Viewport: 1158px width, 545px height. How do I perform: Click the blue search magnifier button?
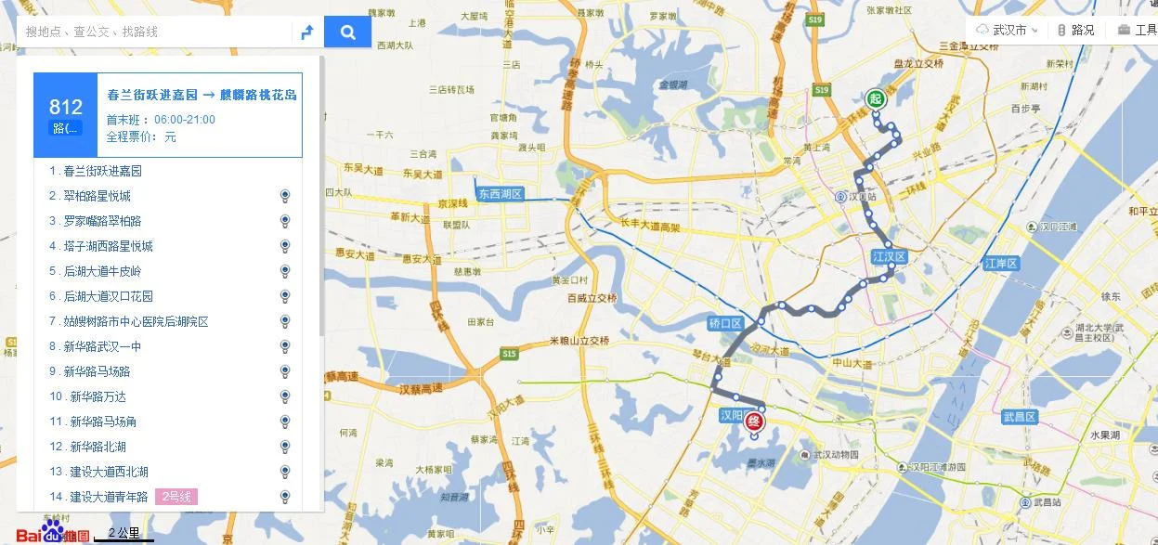[x=347, y=32]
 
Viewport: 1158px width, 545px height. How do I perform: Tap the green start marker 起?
[x=875, y=98]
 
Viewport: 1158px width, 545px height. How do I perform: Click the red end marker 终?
[x=753, y=422]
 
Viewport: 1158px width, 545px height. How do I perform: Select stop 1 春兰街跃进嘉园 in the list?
[x=102, y=171]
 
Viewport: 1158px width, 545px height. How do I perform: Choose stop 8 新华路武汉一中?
[x=102, y=346]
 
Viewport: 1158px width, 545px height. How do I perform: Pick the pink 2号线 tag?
[x=176, y=497]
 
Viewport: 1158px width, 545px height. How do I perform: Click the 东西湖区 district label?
[x=501, y=194]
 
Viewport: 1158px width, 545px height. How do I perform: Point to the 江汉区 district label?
[x=888, y=256]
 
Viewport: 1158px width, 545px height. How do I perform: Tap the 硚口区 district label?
[x=725, y=323]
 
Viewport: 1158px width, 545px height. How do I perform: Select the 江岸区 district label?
[x=1002, y=264]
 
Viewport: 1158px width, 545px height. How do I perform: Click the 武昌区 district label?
[x=1019, y=417]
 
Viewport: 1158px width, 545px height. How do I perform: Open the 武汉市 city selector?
[x=1008, y=30]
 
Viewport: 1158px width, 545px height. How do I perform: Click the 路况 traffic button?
[x=1076, y=30]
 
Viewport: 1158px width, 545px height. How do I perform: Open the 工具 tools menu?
[x=1137, y=30]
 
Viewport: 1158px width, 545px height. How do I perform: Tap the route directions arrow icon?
[x=306, y=32]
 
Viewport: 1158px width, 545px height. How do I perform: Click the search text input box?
[x=153, y=32]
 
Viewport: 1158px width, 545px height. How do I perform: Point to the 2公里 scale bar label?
[x=124, y=533]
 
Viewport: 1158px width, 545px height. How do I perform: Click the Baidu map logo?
[x=52, y=533]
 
